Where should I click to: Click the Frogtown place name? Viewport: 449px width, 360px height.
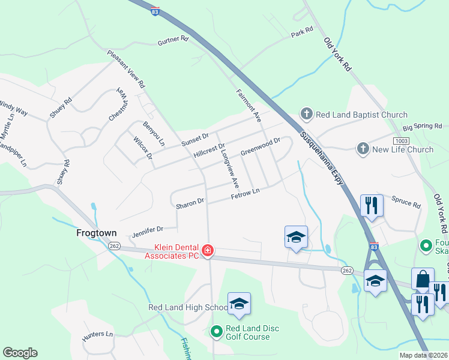coord(95,233)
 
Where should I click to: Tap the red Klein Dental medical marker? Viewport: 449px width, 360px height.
coord(208,250)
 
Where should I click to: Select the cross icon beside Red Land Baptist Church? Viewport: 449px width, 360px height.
coord(306,115)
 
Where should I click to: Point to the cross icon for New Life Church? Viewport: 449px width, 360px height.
coord(363,149)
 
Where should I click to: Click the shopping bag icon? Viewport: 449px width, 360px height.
coord(423,279)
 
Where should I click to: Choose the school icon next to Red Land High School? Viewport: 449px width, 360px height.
coord(239,304)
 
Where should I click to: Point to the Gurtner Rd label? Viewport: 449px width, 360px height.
coord(173,40)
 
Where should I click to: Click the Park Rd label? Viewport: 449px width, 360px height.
coord(302,30)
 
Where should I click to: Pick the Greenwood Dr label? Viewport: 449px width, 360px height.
coord(261,146)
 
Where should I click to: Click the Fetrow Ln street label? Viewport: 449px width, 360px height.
coord(246,194)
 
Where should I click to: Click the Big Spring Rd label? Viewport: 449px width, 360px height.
coord(422,127)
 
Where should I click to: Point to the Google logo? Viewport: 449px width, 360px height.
coord(20,353)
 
